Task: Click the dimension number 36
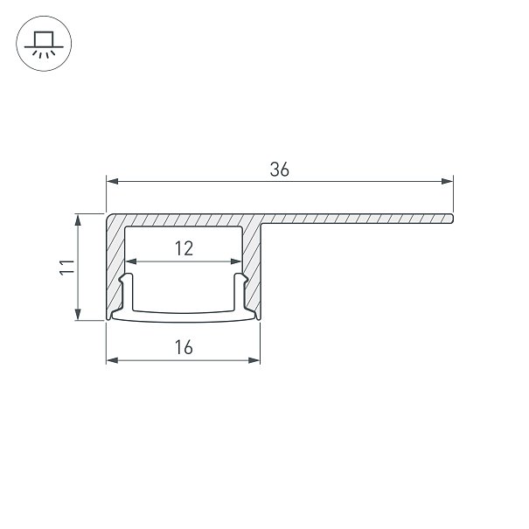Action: coord(279,170)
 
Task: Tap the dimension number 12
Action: coord(184,248)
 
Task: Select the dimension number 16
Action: coord(184,347)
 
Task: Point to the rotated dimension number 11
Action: coord(66,268)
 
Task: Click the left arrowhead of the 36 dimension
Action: coord(112,182)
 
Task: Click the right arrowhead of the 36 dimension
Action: coord(448,182)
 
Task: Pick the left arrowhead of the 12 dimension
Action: coord(131,261)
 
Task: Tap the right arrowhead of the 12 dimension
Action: coord(236,261)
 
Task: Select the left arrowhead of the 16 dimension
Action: coord(112,360)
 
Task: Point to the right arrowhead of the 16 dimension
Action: coord(254,360)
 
